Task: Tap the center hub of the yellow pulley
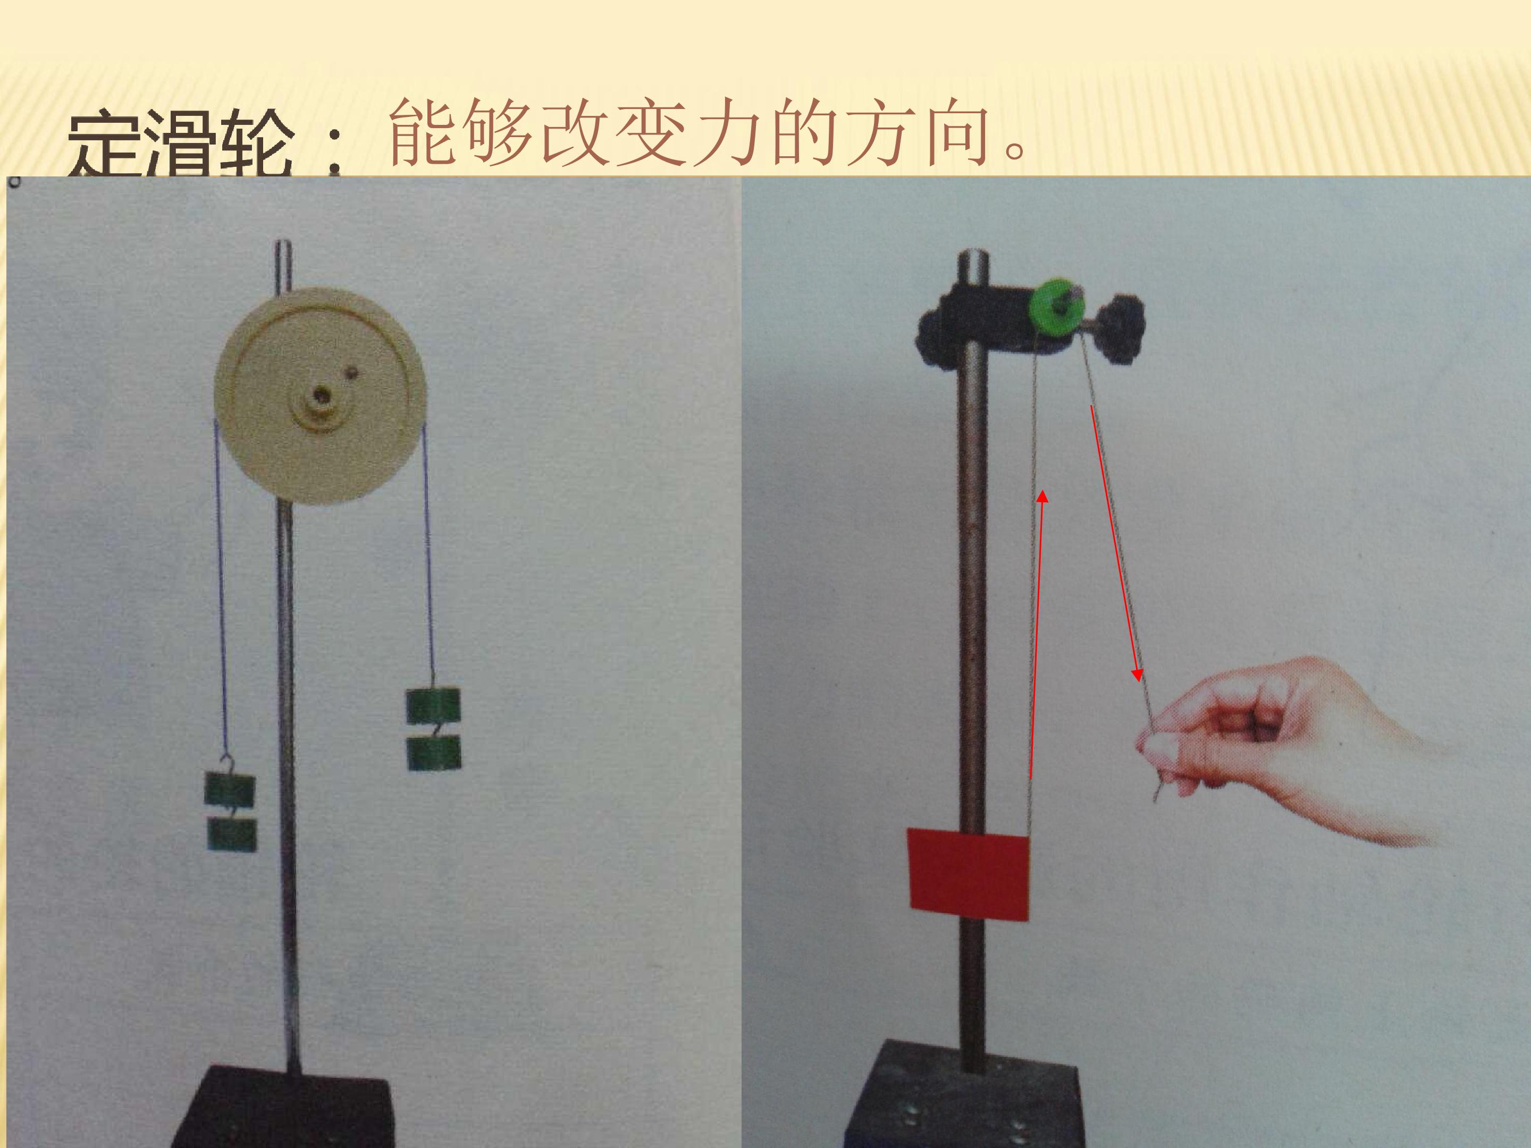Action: pyautogui.click(x=321, y=396)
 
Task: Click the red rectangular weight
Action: pyautogui.click(x=968, y=875)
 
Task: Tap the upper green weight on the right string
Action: pyautogui.click(x=433, y=706)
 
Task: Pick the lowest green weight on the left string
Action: pyautogui.click(x=232, y=834)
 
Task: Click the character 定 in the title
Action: pyautogui.click(x=105, y=147)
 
